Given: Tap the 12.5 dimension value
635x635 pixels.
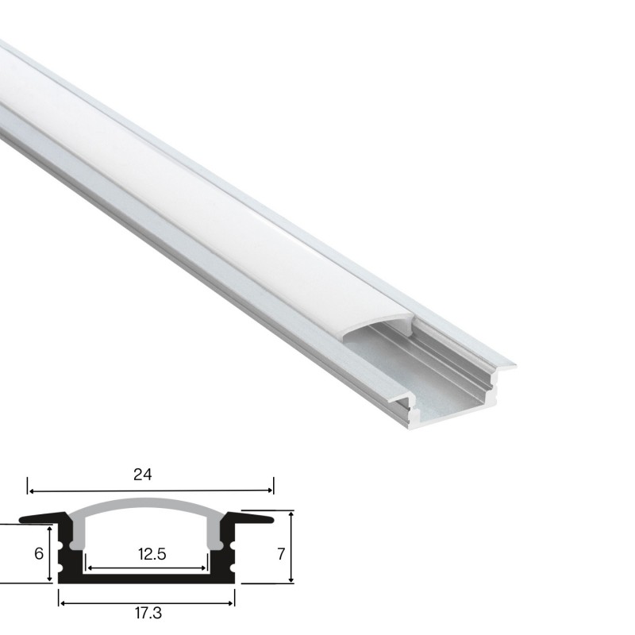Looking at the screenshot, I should tap(151, 555).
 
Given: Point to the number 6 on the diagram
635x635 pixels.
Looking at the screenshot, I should tap(38, 553).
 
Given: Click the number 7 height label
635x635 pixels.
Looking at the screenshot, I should tap(279, 553).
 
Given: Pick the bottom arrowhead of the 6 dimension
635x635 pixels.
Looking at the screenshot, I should tap(50, 580).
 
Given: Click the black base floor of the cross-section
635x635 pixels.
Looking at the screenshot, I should tap(147, 578).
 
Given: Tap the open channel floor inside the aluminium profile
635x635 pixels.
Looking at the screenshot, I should tap(444, 397).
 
